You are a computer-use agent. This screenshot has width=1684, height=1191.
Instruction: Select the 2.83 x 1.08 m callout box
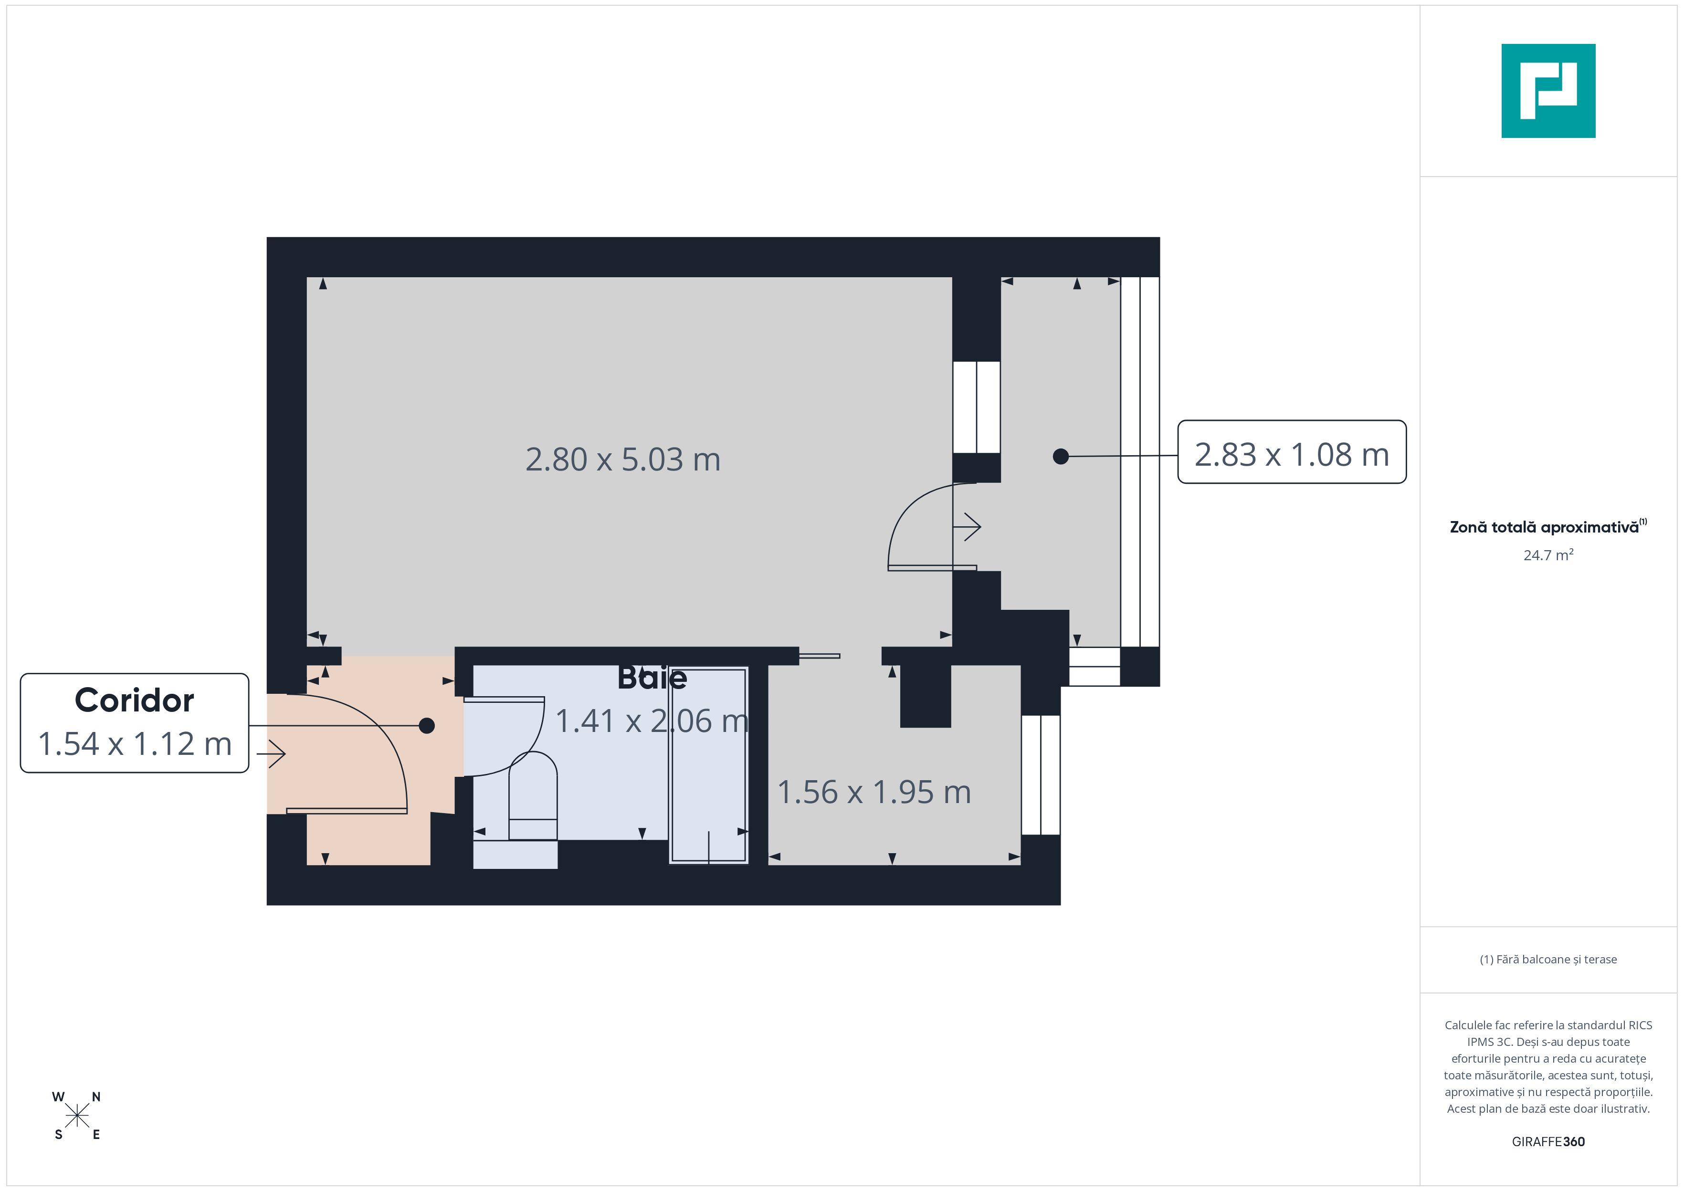click(1292, 452)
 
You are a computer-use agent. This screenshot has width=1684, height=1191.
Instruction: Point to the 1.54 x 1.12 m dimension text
click(134, 743)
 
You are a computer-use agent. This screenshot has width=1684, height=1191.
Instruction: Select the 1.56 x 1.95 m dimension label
click(874, 792)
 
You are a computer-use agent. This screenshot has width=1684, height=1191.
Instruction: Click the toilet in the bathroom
click(533, 796)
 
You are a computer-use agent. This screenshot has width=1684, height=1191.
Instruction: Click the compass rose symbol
click(77, 1116)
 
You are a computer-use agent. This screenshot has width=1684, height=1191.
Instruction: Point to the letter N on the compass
click(96, 1097)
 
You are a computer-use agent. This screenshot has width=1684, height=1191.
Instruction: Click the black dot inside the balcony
click(1061, 456)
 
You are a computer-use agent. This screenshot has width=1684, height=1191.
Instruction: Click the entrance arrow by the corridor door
click(272, 754)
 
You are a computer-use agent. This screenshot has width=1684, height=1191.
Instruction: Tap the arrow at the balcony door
click(967, 527)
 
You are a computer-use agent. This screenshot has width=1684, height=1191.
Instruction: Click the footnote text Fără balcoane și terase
click(1548, 959)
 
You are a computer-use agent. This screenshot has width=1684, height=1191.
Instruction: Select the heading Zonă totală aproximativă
click(1544, 527)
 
